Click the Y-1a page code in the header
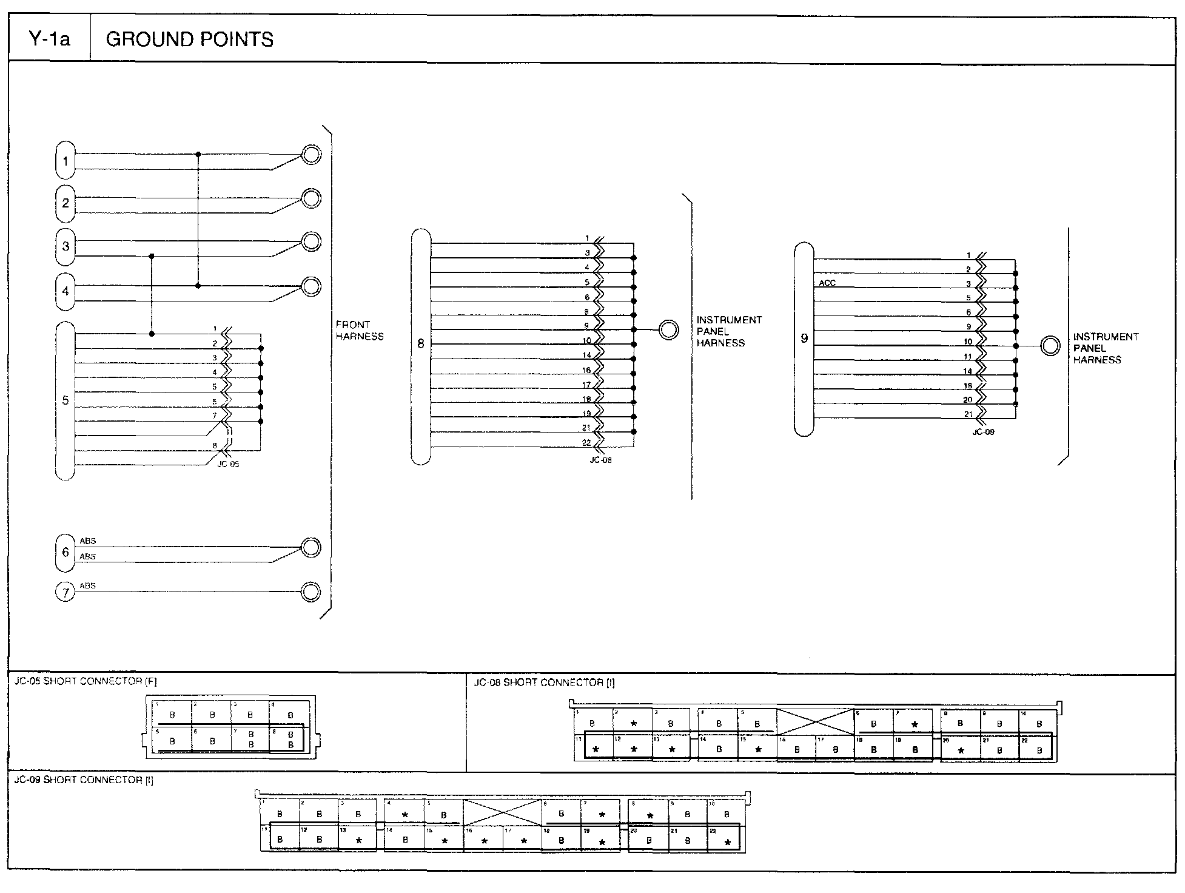pyautogui.click(x=50, y=39)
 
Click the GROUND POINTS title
pyautogui.click(x=189, y=39)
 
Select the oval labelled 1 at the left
pyautogui.click(x=65, y=161)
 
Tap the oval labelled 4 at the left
pyautogui.click(x=65, y=291)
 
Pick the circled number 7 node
pyautogui.click(x=65, y=592)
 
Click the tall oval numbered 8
pyautogui.click(x=421, y=346)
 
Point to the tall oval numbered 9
pyautogui.click(x=804, y=339)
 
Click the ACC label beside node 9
pyautogui.click(x=827, y=283)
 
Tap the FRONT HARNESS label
pyautogui.click(x=360, y=331)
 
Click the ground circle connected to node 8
pyautogui.click(x=669, y=330)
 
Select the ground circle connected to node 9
pyautogui.click(x=1050, y=346)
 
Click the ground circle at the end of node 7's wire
pyautogui.click(x=311, y=591)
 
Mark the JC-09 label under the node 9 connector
pyautogui.click(x=983, y=433)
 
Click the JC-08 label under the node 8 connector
pyautogui.click(x=600, y=460)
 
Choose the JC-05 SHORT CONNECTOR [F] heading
pyautogui.click(x=86, y=681)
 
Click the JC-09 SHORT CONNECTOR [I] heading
pyautogui.click(x=84, y=780)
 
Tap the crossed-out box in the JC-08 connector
pyautogui.click(x=815, y=722)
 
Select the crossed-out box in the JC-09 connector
pyautogui.click(x=502, y=813)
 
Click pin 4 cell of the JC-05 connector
pyautogui.click(x=290, y=714)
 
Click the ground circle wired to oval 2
pyautogui.click(x=311, y=198)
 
